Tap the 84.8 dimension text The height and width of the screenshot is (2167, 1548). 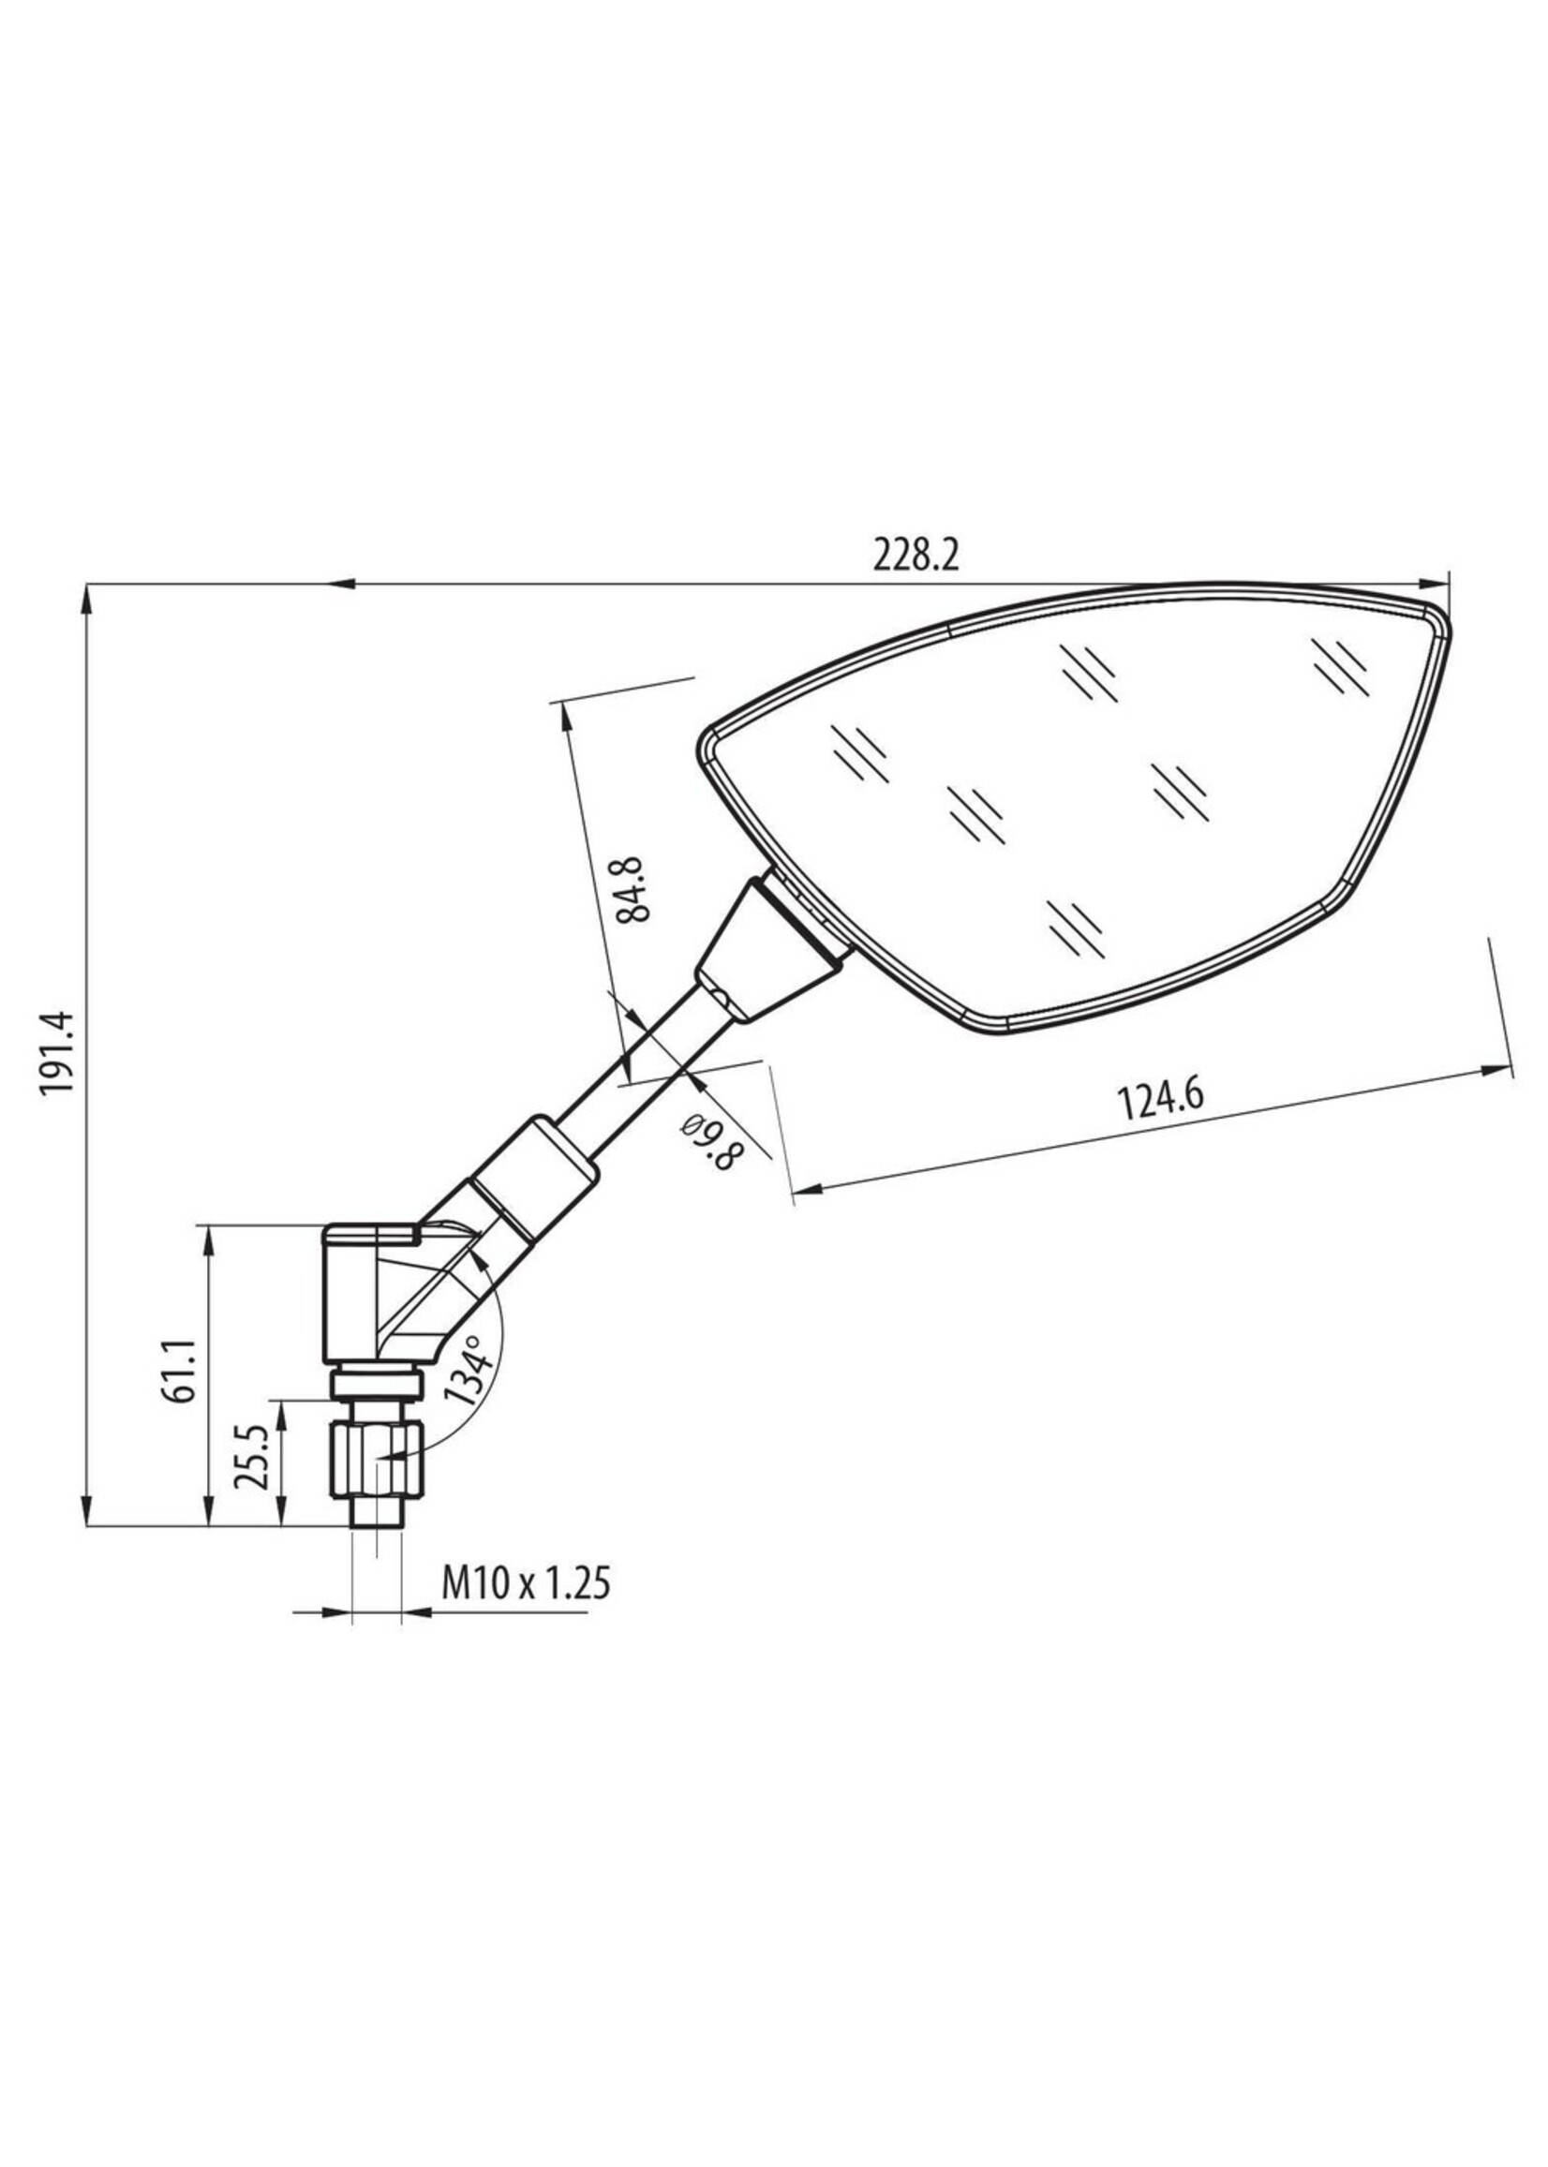632,889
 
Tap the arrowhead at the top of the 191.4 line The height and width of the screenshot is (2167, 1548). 87,597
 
